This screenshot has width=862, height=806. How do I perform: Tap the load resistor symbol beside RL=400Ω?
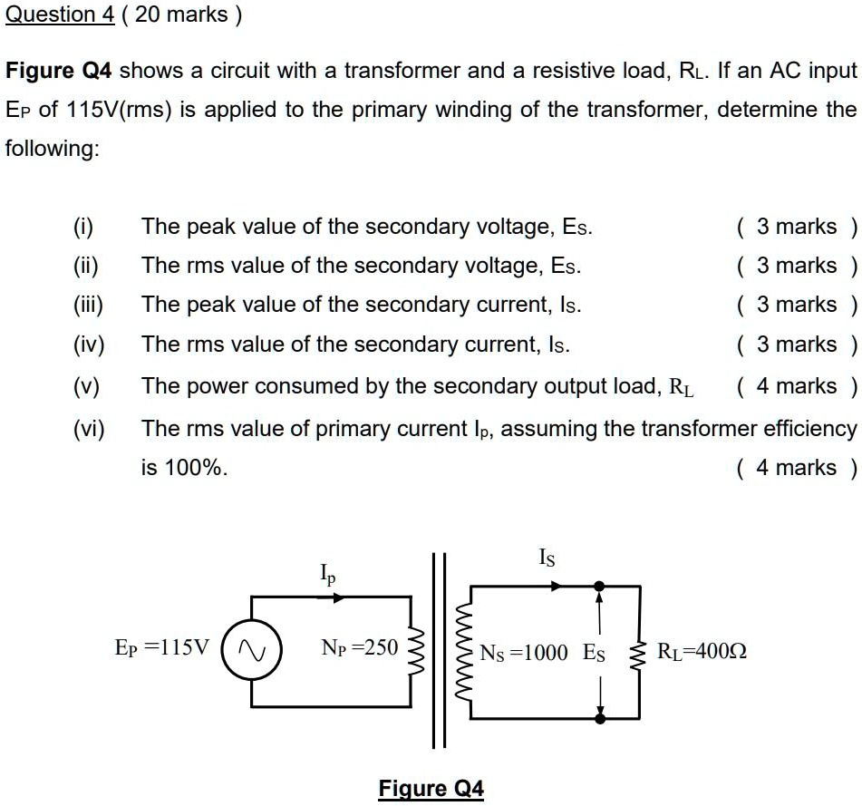[x=640, y=651]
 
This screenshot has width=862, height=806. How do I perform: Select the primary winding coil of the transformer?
[x=417, y=650]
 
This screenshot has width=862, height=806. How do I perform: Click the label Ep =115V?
[x=161, y=647]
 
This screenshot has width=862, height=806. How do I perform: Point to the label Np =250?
[x=359, y=647]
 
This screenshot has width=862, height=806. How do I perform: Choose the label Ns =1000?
[x=524, y=652]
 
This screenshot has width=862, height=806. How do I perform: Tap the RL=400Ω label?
[x=702, y=651]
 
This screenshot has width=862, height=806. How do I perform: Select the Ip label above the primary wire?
[x=328, y=574]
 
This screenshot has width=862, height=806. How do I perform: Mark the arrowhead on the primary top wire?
[x=338, y=597]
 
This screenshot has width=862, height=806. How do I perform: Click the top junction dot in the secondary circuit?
[x=599, y=587]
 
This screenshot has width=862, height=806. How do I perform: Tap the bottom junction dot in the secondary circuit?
[x=599, y=718]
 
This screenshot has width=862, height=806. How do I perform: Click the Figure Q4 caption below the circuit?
[x=431, y=788]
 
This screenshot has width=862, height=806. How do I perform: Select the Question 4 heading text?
[x=59, y=15]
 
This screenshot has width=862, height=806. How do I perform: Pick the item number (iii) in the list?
[x=88, y=305]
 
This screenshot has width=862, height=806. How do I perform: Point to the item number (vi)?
[x=88, y=428]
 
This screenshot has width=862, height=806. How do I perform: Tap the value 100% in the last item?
[x=196, y=468]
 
